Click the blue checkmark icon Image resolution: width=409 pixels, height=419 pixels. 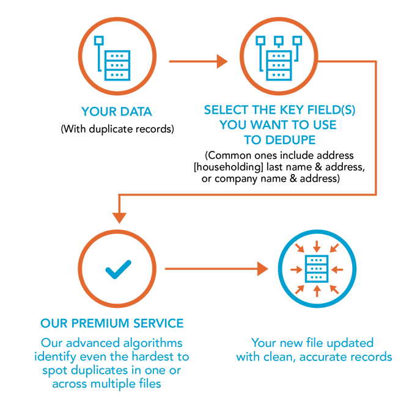click(118, 268)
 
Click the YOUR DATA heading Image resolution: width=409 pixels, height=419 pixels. click(117, 112)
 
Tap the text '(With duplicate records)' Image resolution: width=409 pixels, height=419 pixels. click(117, 129)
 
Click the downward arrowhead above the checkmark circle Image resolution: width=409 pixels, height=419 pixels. click(119, 216)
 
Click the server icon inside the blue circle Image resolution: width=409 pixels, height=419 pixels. click(316, 268)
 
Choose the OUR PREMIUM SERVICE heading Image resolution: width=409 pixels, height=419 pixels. click(112, 323)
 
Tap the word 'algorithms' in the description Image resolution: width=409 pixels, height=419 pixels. click(151, 343)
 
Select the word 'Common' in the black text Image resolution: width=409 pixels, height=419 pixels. click(230, 156)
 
